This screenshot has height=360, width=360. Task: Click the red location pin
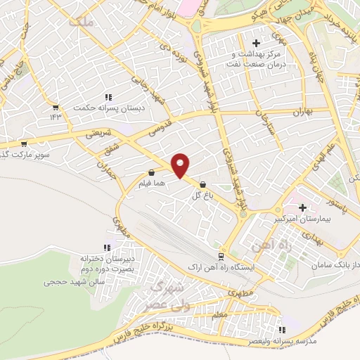click(x=181, y=165)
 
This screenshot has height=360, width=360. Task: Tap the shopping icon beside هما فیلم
click(x=151, y=172)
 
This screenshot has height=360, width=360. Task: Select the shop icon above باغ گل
click(x=203, y=185)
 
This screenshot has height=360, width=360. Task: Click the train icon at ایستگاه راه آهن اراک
click(x=221, y=257)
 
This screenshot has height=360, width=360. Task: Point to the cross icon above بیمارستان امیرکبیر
click(x=302, y=208)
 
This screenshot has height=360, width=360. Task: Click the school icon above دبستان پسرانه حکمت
click(x=108, y=97)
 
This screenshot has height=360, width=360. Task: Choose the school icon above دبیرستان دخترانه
click(x=107, y=247)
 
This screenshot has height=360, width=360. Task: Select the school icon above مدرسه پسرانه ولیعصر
click(x=283, y=329)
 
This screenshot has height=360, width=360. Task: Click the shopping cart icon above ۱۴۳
click(x=56, y=108)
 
